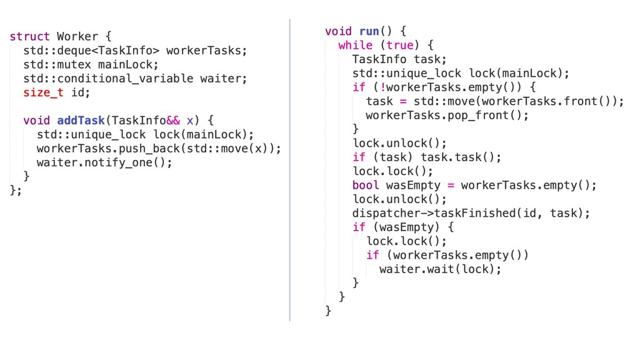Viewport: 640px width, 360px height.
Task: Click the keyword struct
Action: [x=29, y=37]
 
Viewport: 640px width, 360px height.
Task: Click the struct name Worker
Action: [x=77, y=37]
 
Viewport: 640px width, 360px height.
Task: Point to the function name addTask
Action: [x=81, y=120]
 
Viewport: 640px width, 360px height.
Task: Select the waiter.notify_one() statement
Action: [x=104, y=162]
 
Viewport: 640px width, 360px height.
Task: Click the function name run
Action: [x=369, y=31]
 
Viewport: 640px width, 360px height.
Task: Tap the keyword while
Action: [x=355, y=45]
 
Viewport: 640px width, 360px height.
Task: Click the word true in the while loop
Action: [x=399, y=45]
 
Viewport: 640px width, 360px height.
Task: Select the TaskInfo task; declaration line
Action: [x=399, y=59]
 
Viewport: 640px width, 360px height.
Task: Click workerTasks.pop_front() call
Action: [x=447, y=116]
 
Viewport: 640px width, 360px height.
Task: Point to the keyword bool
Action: [x=366, y=186]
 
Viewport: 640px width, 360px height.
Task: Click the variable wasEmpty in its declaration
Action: [x=413, y=186]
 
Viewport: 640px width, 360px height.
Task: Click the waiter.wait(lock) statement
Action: [x=441, y=269]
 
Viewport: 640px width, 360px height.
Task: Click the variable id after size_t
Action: [x=81, y=92]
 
